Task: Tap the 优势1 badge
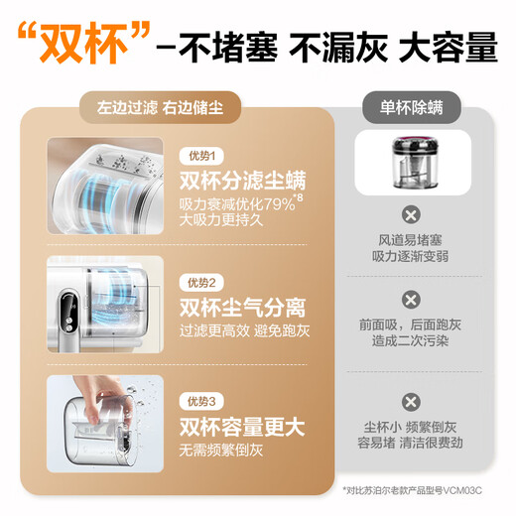tap(201, 156)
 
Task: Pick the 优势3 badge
tap(201, 401)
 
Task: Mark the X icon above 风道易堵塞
tap(408, 214)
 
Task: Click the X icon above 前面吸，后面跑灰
tap(408, 299)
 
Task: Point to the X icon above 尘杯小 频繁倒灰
tap(408, 401)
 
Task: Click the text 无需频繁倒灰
tap(220, 449)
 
